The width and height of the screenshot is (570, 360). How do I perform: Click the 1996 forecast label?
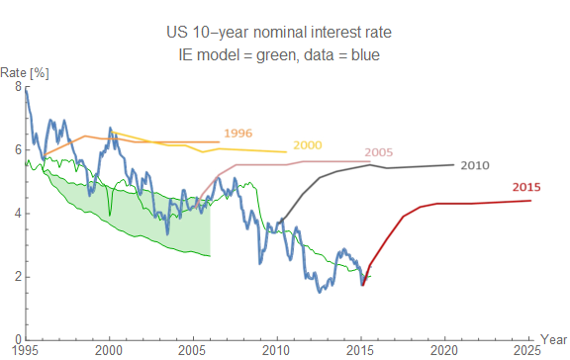point(237,133)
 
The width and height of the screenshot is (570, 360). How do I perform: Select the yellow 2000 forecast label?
point(308,145)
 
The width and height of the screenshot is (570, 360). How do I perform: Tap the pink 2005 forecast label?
point(379,152)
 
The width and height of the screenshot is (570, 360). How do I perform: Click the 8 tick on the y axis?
point(17,87)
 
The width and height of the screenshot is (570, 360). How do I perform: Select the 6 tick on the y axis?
point(17,150)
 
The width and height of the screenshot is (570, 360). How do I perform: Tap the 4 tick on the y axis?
point(17,214)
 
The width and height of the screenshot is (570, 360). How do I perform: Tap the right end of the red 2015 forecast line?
point(530,201)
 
